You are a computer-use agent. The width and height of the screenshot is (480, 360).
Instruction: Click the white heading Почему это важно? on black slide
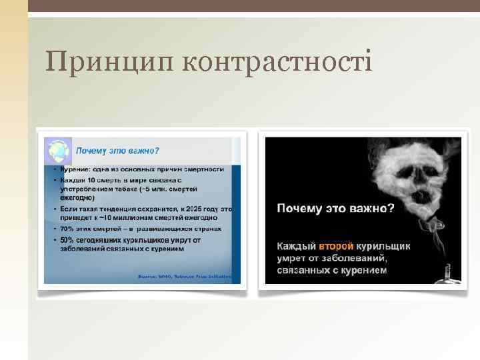335,208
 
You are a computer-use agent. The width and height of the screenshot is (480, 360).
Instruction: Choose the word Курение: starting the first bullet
72,169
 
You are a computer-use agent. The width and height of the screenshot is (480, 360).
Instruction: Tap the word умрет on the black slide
293,259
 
